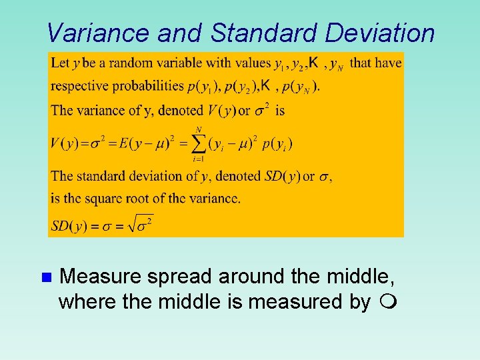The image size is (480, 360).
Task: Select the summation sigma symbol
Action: (198, 143)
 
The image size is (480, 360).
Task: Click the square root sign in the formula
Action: (133, 225)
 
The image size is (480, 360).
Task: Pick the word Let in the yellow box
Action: (60, 63)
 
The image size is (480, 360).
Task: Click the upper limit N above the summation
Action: (198, 129)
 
